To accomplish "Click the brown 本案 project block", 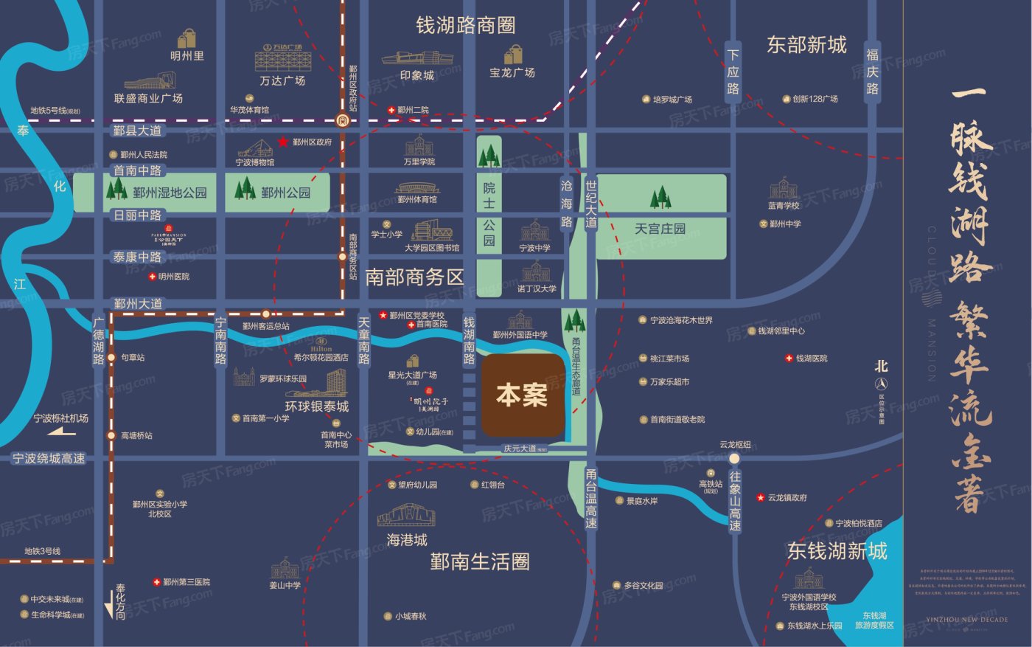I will (523, 395).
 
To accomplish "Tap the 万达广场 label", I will (282, 80).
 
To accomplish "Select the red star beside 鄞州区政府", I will (283, 142).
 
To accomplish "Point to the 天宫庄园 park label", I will (660, 229).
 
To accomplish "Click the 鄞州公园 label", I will (285, 193).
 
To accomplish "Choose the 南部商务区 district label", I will (414, 277).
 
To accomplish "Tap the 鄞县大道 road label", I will (137, 131).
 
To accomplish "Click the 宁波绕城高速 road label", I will (49, 458).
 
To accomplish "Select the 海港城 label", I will (407, 540).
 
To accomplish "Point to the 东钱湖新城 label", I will (837, 550).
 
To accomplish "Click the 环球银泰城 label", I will (317, 406).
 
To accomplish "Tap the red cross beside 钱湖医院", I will (789, 359).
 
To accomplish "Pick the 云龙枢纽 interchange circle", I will (734, 458).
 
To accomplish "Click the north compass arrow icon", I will (881, 384).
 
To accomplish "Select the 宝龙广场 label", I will (512, 73).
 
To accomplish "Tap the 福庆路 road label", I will (873, 72).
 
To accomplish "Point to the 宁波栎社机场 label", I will (60, 418).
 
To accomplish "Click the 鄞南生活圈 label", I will (480, 562).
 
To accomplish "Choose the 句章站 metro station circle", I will (111, 358).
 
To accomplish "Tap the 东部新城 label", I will (806, 45).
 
